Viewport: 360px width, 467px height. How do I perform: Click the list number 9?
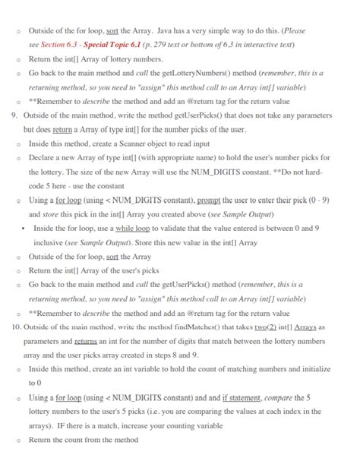(14, 116)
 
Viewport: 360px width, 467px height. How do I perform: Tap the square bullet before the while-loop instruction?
(24, 228)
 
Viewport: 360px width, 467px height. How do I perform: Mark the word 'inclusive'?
(49, 242)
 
